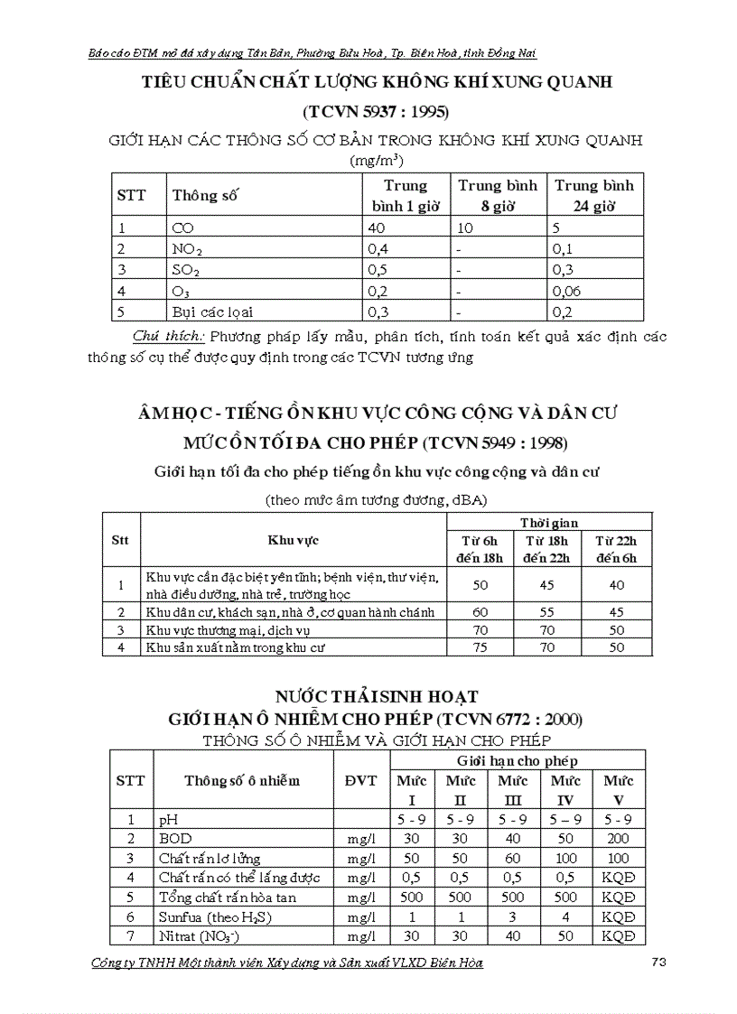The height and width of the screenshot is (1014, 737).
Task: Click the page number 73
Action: click(658, 963)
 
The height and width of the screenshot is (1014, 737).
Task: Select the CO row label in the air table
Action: click(182, 228)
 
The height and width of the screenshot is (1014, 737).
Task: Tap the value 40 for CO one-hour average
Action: click(377, 228)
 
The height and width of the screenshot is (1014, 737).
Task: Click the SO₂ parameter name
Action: click(186, 270)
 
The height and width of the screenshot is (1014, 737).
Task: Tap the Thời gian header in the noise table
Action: click(549, 523)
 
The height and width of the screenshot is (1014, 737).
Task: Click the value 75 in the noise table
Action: click(480, 647)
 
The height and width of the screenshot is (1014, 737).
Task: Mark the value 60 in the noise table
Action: click(480, 611)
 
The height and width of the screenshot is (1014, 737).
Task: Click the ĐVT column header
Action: click(361, 780)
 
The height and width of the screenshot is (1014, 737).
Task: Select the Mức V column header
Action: click(619, 789)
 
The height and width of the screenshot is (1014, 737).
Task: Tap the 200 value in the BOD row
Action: click(619, 839)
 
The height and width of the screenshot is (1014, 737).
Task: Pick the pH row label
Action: click(169, 820)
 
